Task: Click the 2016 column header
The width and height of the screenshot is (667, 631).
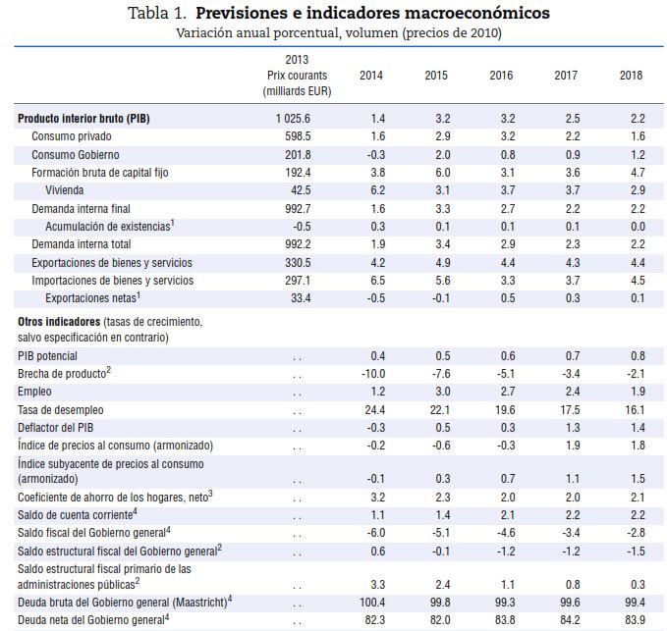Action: pos(501,76)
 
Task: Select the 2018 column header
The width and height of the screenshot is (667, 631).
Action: pos(632,76)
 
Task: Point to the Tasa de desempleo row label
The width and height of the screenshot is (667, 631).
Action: pos(61,409)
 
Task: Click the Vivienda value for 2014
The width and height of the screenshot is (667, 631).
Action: pos(376,190)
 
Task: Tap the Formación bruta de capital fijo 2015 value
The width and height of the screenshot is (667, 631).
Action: pos(441,173)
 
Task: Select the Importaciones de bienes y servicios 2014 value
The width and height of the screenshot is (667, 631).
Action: pos(376,281)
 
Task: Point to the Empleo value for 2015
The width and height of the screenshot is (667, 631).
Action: pos(441,392)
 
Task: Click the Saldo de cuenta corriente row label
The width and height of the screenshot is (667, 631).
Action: pos(77,514)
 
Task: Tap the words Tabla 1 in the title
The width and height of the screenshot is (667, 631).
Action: pos(160,14)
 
